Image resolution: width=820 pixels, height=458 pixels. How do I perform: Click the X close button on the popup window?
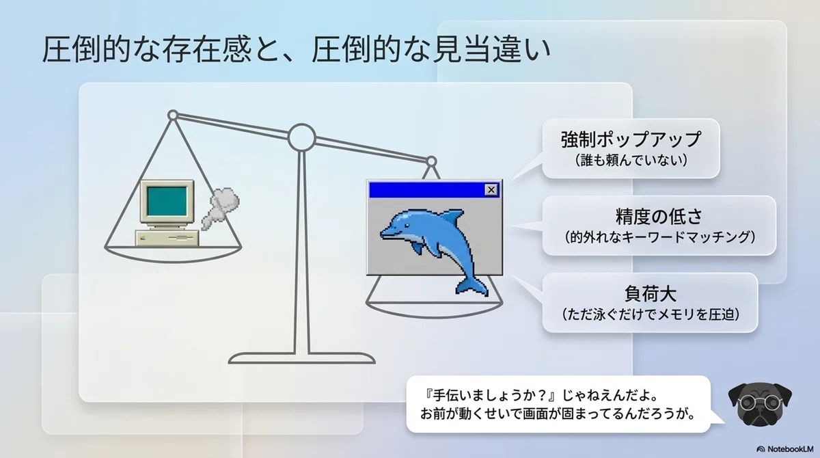click(491, 189)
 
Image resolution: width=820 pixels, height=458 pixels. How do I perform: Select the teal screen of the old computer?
click(167, 202)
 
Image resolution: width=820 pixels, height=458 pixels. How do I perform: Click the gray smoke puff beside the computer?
click(220, 208)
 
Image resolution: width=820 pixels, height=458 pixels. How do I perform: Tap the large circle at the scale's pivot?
click(301, 137)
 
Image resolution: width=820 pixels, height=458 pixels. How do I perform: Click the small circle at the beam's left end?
click(173, 116)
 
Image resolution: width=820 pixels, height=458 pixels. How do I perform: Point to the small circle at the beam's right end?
click(431, 161)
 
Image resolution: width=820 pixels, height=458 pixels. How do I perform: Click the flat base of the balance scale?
click(301, 358)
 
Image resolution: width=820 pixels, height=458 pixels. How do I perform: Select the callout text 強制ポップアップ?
click(631, 139)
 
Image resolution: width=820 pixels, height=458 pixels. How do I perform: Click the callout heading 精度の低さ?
click(659, 217)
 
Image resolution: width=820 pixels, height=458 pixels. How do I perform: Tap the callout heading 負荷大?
click(650, 294)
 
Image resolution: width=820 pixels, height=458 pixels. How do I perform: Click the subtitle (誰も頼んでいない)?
click(631, 160)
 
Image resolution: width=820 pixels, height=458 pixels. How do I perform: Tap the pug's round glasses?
click(760, 403)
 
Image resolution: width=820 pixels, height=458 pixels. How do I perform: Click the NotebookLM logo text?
click(791, 449)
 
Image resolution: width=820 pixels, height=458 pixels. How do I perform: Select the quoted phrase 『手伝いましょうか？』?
click(489, 396)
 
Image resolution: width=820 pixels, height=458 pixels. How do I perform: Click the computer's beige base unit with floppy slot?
click(167, 238)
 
